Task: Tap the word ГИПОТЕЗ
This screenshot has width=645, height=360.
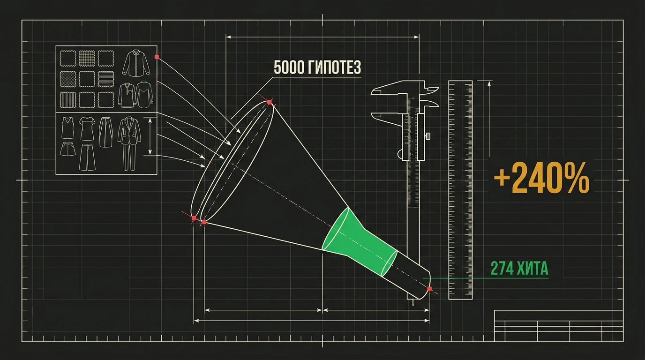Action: [334, 67]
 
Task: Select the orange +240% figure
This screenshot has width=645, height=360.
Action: [541, 178]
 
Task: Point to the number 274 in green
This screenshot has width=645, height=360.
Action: [502, 269]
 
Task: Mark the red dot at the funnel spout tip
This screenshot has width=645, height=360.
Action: [429, 289]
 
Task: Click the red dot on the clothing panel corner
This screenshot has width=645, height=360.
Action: [157, 57]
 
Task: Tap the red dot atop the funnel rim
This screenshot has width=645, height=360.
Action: [269, 102]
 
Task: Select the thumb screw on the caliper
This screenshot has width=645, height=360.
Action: [428, 135]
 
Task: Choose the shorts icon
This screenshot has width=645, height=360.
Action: [67, 149]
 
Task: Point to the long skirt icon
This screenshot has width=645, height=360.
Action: [105, 132]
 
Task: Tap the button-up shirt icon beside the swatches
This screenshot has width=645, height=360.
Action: [136, 63]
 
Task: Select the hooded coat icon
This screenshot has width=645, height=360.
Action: [144, 95]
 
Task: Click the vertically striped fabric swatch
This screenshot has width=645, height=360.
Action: [67, 100]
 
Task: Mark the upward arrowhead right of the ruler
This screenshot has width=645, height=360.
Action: [488, 84]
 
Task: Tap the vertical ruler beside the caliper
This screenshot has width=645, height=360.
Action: [460, 190]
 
